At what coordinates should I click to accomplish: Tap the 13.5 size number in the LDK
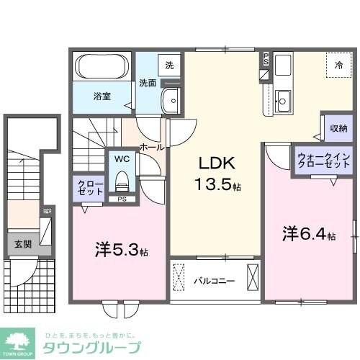point(212,184)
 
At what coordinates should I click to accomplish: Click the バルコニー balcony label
point(214,281)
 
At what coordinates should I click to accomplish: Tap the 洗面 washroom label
point(148,82)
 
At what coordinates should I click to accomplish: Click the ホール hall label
point(151,147)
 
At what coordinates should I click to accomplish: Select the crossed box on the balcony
point(252,278)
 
